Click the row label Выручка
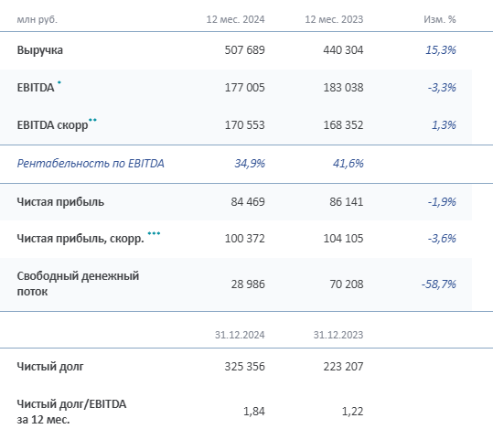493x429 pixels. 40,50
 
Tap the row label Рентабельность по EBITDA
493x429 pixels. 91,164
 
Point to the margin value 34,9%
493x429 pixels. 248,164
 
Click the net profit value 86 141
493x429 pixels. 344,201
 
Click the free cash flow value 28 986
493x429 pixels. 245,284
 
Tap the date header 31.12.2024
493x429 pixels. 237,335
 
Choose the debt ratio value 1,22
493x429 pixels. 350,412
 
